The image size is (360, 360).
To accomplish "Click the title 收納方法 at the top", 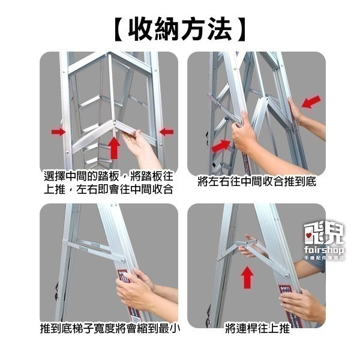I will click(180, 28).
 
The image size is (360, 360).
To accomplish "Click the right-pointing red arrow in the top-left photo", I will click(58, 131).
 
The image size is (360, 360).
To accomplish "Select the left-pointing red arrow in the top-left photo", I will click(166, 131).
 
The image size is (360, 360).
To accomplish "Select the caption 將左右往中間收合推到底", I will click(256, 182).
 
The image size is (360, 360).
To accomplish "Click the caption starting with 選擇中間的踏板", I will click(109, 182).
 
